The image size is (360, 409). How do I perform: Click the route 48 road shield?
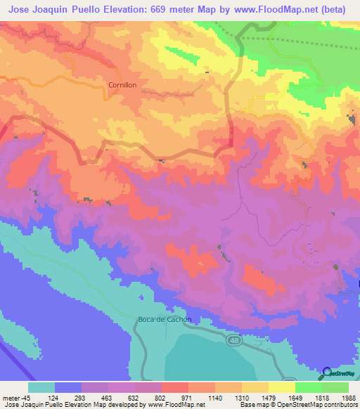[233, 340]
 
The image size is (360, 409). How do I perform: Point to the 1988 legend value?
[347, 398]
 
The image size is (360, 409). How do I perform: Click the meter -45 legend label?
[13, 398]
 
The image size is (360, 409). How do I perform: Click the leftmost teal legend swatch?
[41, 387]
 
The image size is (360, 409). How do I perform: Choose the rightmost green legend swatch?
[335, 387]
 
